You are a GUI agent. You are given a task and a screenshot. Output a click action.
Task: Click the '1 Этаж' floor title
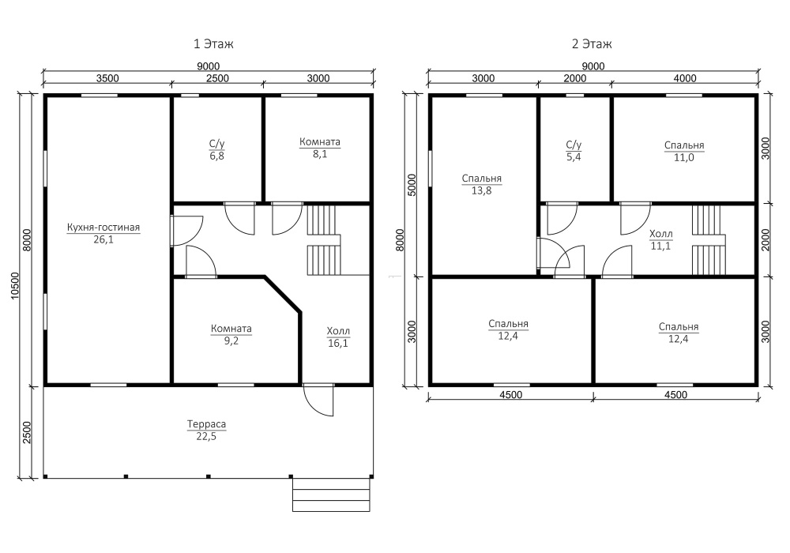pyautogui.click(x=213, y=43)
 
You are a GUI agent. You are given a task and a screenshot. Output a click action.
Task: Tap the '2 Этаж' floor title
pyautogui.click(x=592, y=43)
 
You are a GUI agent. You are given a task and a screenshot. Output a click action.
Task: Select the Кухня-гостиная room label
pyautogui.click(x=103, y=228)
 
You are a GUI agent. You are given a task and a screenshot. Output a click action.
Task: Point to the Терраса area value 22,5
pyautogui.click(x=206, y=436)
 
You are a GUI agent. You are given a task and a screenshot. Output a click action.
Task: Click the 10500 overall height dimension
pyautogui.click(x=14, y=285)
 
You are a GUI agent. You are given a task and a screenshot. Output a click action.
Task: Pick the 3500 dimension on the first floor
pyautogui.click(x=107, y=78)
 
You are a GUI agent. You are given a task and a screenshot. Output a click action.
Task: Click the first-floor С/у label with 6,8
pyautogui.click(x=217, y=149)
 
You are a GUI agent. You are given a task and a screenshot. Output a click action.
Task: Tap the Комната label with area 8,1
pyautogui.click(x=320, y=148)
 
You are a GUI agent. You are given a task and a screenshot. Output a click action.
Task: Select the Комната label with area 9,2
pyautogui.click(x=231, y=334)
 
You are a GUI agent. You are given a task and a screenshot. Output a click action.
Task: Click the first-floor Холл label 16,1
pyautogui.click(x=338, y=337)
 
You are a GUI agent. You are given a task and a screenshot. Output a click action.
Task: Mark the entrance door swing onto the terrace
pyautogui.click(x=318, y=401)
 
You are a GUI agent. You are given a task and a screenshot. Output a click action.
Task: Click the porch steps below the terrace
pyautogui.click(x=331, y=495)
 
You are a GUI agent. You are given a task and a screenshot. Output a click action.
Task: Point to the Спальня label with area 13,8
pyautogui.click(x=482, y=184)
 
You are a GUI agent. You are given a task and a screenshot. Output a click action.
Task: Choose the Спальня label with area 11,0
pyautogui.click(x=684, y=151)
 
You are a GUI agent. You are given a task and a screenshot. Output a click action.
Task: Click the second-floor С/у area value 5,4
pyautogui.click(x=574, y=156)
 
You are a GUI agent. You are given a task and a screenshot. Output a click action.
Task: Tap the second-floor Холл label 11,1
pyautogui.click(x=661, y=239)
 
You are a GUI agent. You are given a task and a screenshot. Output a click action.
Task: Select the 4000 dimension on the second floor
pyautogui.click(x=685, y=78)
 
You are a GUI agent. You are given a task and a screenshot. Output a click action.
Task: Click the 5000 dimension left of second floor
pyautogui.click(x=412, y=185)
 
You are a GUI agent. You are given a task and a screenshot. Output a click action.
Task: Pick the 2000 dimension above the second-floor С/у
pyautogui.click(x=575, y=78)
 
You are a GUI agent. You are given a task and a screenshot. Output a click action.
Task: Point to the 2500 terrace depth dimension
pyautogui.click(x=27, y=432)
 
